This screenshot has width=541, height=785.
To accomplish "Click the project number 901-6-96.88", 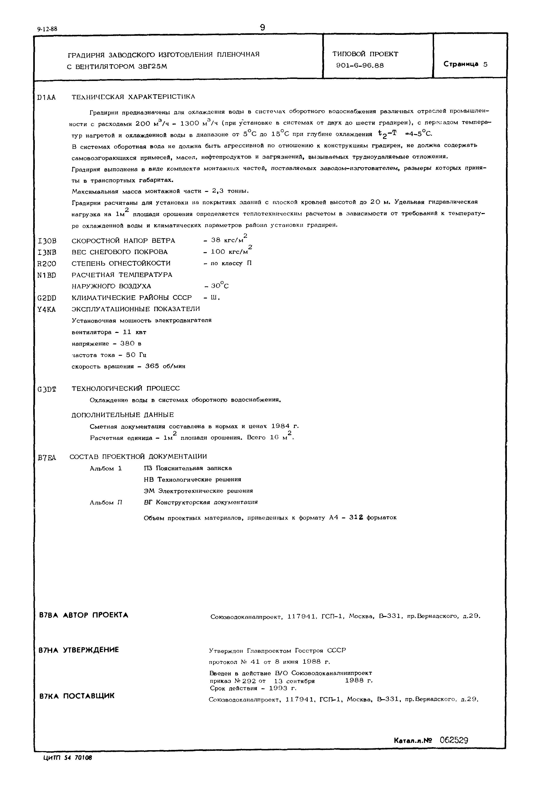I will (360, 66).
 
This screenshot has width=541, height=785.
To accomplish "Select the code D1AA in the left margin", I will (46, 98).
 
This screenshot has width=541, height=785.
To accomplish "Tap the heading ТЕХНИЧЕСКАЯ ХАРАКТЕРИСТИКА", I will (133, 97).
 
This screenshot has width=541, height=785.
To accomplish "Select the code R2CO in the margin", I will (47, 264).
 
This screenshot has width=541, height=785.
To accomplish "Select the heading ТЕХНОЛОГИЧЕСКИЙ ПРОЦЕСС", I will (126, 388).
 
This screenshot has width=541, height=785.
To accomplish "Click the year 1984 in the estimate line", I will (280, 426).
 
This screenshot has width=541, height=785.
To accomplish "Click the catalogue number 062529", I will (454, 740).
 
